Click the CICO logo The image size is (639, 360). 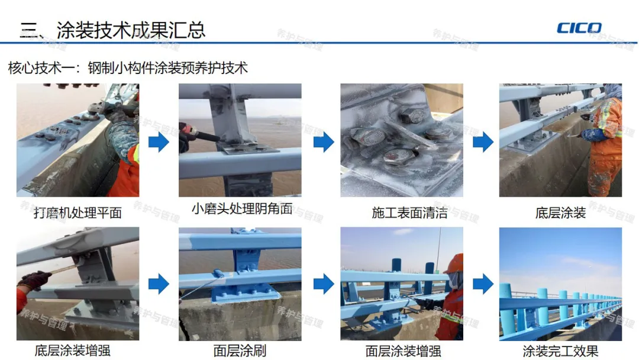(579, 28)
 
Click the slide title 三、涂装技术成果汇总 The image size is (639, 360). (112, 30)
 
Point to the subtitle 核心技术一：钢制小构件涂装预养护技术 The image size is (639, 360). (128, 67)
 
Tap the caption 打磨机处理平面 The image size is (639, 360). (78, 213)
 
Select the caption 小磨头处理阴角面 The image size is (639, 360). (242, 209)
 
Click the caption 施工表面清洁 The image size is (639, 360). (409, 213)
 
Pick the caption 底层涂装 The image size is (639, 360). (560, 213)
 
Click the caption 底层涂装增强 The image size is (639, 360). (73, 350)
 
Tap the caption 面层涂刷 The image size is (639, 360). (240, 350)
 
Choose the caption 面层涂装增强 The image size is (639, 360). (403, 351)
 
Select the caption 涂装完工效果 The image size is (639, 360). (560, 351)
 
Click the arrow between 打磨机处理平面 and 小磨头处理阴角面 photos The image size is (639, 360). (159, 142)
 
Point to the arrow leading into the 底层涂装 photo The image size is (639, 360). (483, 142)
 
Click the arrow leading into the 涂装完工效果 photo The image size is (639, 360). (483, 284)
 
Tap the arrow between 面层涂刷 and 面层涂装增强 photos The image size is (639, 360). (324, 284)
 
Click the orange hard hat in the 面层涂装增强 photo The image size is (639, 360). (455, 263)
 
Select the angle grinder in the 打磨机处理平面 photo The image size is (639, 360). (102, 110)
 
